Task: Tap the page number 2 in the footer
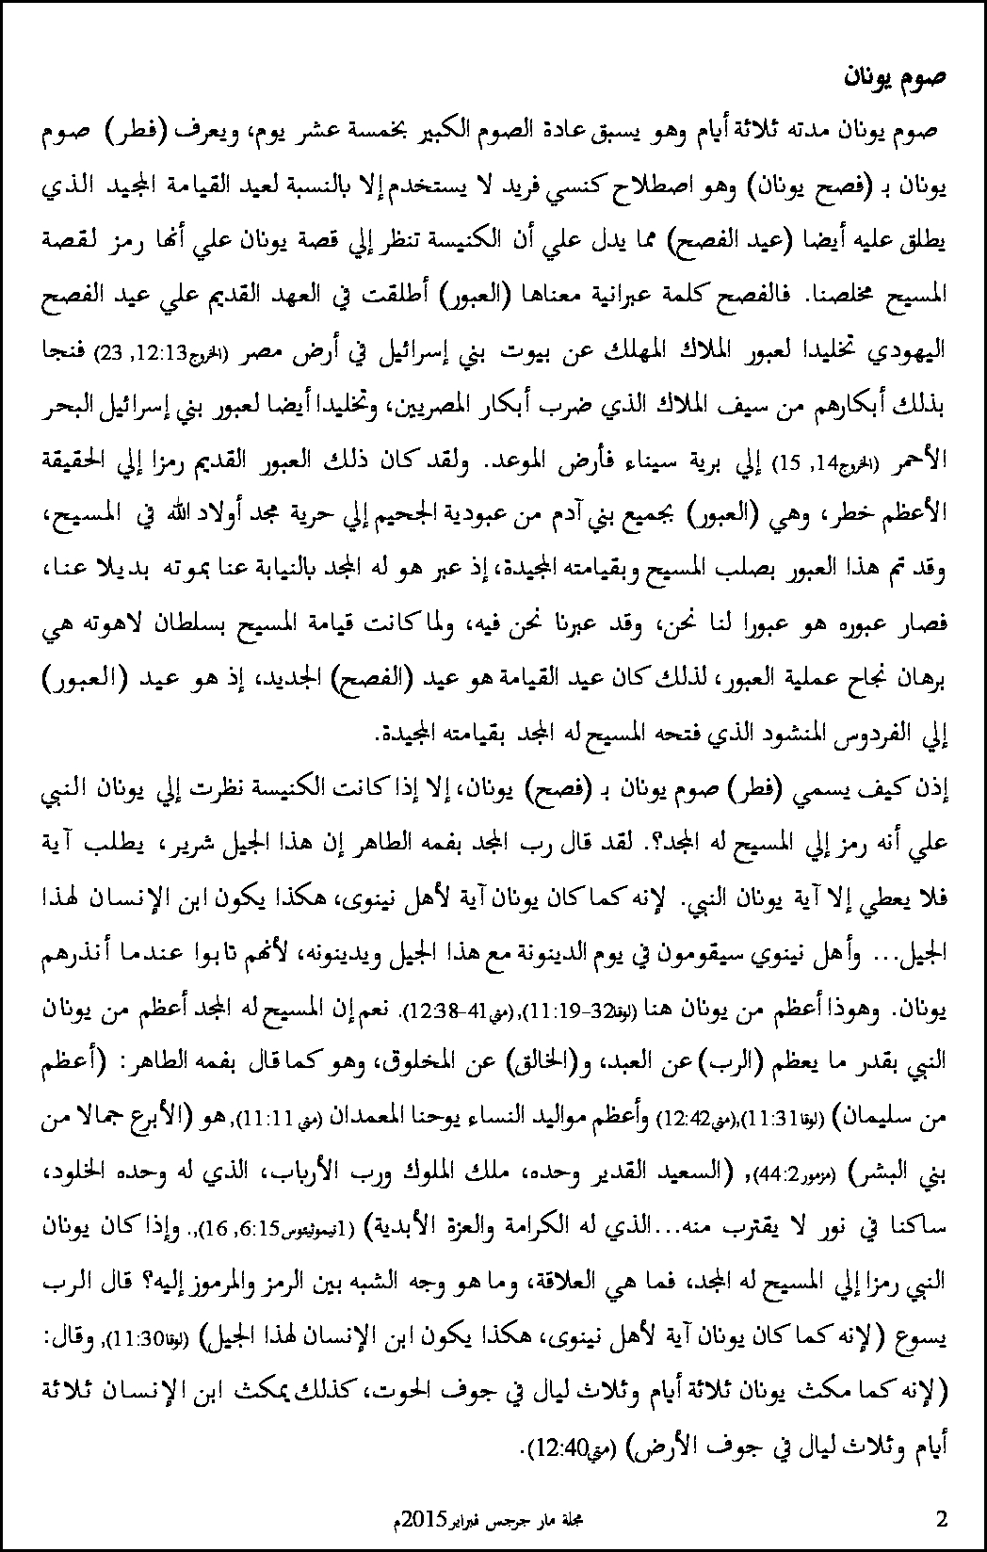click(x=942, y=1519)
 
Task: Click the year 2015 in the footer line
click(x=419, y=1520)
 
